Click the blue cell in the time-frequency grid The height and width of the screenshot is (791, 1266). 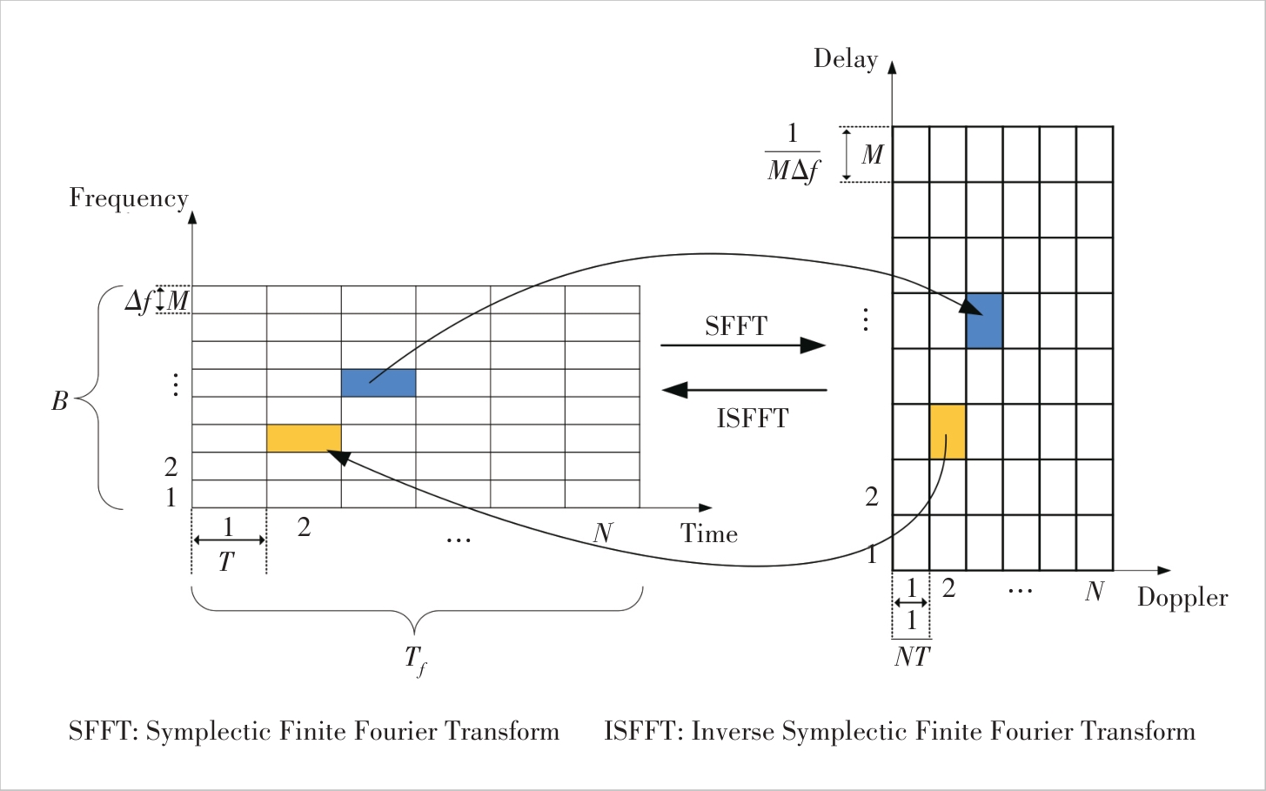(x=378, y=383)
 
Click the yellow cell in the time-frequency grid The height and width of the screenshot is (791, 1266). (x=303, y=439)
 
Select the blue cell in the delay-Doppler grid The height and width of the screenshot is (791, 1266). (x=984, y=321)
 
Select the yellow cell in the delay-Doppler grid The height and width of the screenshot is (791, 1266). (x=948, y=432)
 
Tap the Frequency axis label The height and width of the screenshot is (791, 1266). (x=128, y=198)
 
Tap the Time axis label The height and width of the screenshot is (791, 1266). (x=708, y=533)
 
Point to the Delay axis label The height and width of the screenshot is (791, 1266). (x=845, y=59)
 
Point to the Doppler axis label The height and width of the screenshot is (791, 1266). (x=1182, y=598)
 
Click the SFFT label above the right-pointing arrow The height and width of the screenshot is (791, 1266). (x=736, y=326)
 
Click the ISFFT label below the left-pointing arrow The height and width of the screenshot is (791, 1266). (x=753, y=419)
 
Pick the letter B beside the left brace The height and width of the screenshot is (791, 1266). (x=59, y=401)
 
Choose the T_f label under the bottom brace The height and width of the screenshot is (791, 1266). (x=415, y=660)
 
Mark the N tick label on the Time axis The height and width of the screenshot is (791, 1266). (x=602, y=533)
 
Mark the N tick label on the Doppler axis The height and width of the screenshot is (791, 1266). (x=1094, y=592)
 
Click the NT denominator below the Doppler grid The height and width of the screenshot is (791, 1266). (x=912, y=657)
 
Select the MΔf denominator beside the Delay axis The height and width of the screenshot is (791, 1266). (x=793, y=171)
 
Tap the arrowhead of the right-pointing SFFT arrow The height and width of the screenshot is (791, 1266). (x=814, y=345)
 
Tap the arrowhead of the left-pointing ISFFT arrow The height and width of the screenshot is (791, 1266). (x=674, y=390)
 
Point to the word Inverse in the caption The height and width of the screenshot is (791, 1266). (x=732, y=732)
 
